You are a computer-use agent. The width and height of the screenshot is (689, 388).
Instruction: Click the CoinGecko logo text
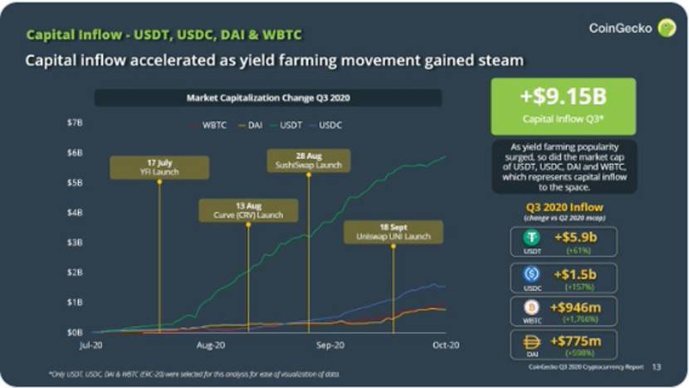coord(619,28)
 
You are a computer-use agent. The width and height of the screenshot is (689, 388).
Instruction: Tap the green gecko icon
coord(666,28)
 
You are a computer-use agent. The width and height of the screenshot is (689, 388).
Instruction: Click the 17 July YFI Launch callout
coord(159,167)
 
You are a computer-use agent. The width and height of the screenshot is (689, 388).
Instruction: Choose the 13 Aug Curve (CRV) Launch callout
coord(248,211)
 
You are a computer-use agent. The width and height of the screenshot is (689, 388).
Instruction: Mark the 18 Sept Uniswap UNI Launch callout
coord(393,232)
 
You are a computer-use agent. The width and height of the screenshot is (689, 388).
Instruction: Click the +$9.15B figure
coord(563,96)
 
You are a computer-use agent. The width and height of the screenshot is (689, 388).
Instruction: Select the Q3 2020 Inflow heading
coord(564,207)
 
